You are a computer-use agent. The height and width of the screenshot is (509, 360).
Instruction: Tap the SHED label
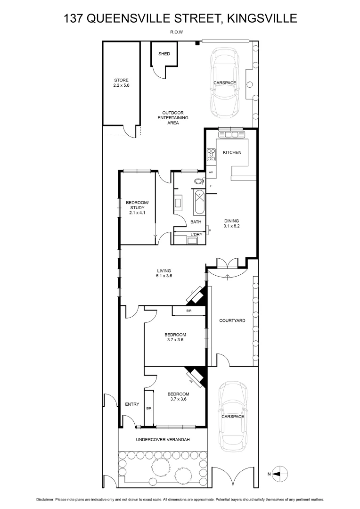pos(164,54)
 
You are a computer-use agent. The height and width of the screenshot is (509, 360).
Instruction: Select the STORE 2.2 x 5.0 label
pos(121,83)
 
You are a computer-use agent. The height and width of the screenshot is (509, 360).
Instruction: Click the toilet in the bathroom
pos(198,181)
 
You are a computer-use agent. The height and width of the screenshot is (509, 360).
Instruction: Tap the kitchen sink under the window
pos(232,135)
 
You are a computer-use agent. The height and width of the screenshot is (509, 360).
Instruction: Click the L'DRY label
pos(196,235)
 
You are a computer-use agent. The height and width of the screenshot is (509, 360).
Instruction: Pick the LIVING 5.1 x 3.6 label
pos(164,273)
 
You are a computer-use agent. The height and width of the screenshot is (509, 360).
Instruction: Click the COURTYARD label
pos(232,320)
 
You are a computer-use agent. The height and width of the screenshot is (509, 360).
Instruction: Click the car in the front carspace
pos(233,415)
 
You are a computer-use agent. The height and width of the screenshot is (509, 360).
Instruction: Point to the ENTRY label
pos(132,404)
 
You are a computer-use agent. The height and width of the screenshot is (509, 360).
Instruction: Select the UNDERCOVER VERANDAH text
pos(163,440)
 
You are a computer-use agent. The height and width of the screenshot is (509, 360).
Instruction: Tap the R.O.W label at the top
pos(177,32)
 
